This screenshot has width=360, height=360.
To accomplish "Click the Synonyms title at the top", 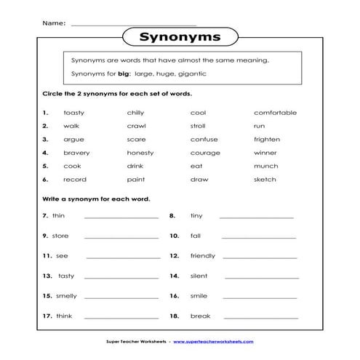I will click(180, 36).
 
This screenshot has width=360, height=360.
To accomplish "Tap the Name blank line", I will click(123, 24).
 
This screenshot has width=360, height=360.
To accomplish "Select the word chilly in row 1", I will click(135, 113).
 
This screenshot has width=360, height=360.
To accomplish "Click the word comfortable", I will click(275, 113).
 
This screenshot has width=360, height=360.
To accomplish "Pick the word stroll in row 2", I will click(199, 126).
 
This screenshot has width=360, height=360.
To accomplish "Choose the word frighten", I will click(267, 139).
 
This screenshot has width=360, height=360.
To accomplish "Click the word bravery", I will click(76, 153).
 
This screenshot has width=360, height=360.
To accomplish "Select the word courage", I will click(205, 153).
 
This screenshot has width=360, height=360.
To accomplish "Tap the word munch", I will click(265, 166).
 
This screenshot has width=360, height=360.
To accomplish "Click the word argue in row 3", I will click(74, 139).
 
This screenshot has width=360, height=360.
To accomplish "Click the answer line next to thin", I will click(121, 217).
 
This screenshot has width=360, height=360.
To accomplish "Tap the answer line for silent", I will click(260, 277).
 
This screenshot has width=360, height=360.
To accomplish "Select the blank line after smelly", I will click(121, 297).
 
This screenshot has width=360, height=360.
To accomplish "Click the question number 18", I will click(174, 316).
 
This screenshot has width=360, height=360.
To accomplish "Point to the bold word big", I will click(113, 74).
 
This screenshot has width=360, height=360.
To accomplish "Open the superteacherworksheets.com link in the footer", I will click(219, 341).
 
